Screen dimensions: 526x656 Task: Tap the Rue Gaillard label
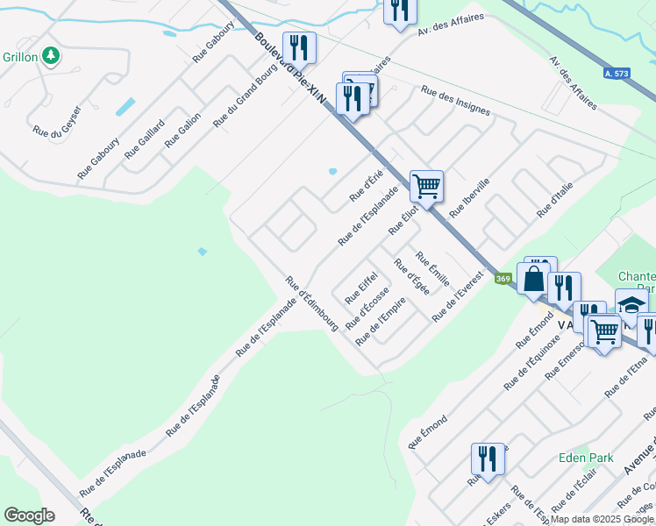point(144,138)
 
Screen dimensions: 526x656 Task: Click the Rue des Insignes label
point(455,101)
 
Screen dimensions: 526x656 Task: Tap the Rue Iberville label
point(469,198)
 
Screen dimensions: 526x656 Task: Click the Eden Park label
point(586,458)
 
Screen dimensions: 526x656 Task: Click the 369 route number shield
point(503,279)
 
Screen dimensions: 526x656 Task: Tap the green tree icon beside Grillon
point(52,56)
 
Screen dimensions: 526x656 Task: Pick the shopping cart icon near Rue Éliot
point(426,186)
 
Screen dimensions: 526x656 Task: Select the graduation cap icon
point(631,303)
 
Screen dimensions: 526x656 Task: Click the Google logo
point(29,515)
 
